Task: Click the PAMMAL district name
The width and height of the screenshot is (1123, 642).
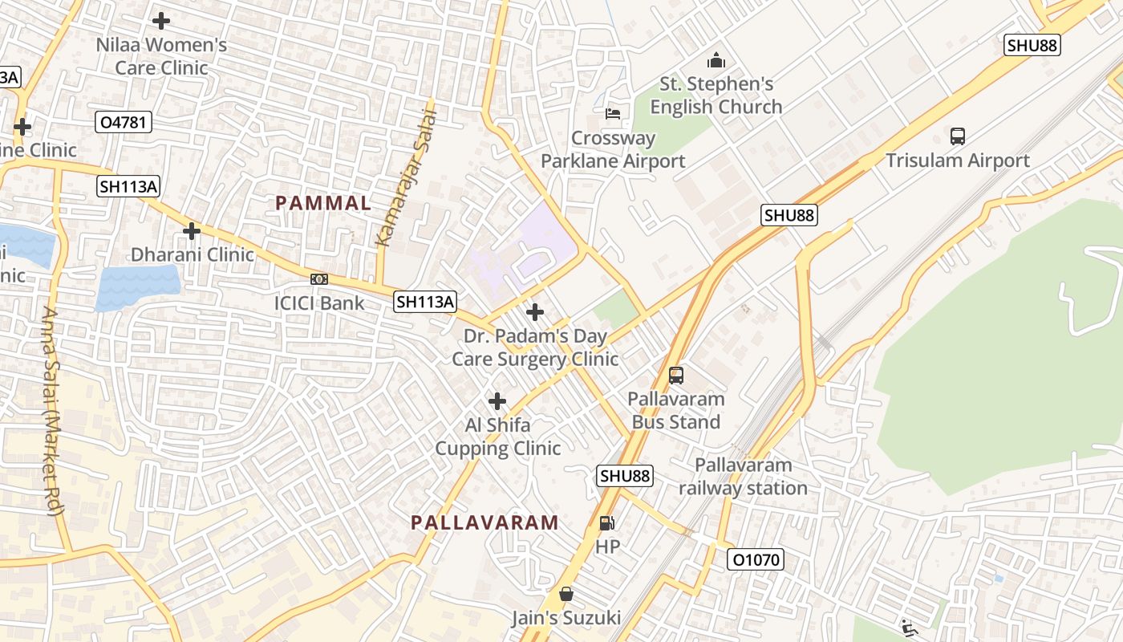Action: (x=323, y=203)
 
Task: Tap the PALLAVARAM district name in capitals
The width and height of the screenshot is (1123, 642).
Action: (x=484, y=523)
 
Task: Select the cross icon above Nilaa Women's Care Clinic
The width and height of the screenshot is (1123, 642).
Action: (x=161, y=21)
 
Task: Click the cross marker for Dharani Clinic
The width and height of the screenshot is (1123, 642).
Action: (x=191, y=231)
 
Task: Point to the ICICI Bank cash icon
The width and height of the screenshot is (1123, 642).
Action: (x=319, y=279)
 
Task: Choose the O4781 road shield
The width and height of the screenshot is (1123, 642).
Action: (x=123, y=123)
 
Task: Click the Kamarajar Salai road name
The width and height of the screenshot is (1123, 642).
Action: (x=407, y=178)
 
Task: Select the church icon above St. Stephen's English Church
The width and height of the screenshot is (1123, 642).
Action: (x=716, y=60)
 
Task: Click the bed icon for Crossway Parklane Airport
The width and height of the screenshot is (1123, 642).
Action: (x=613, y=114)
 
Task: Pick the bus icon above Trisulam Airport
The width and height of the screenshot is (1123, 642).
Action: (x=958, y=136)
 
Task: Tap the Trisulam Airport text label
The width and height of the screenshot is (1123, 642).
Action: (x=958, y=160)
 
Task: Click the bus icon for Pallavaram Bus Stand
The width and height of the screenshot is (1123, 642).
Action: (x=675, y=375)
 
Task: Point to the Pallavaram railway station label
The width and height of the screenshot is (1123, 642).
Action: (x=743, y=477)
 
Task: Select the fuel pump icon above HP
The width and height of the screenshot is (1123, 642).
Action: (x=607, y=523)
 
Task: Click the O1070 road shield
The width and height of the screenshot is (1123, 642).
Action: (x=755, y=559)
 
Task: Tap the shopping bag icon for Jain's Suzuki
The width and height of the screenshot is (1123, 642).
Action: (x=566, y=594)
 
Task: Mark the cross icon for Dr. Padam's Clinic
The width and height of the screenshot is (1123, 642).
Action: (x=535, y=311)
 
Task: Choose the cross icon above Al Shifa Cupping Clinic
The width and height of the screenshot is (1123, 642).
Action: (x=497, y=400)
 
